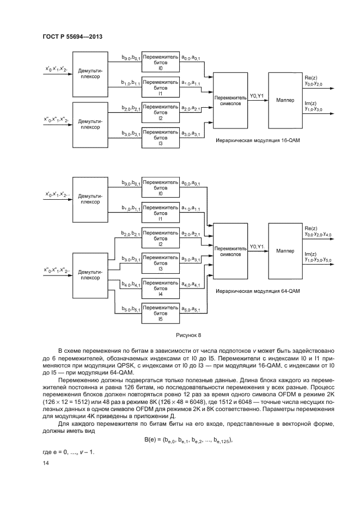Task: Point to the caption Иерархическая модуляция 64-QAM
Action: (x=258, y=291)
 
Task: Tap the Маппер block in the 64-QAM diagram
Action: (x=285, y=251)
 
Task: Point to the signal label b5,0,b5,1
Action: (x=131, y=309)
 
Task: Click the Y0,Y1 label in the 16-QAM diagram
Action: (x=256, y=96)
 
